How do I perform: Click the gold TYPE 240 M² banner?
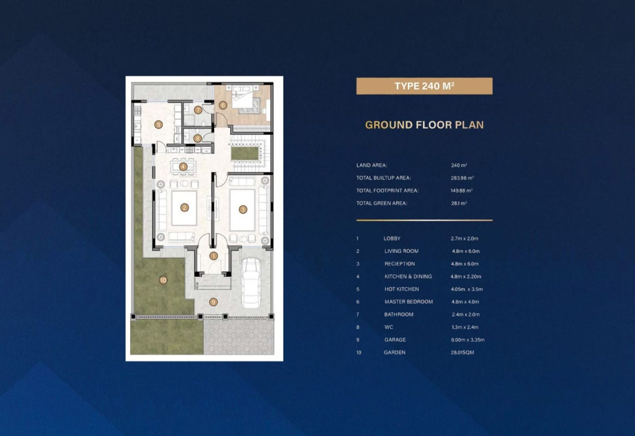424,86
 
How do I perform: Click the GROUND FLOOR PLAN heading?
424,125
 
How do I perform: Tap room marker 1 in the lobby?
213,256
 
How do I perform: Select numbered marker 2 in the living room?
184,207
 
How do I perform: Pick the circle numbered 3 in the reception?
242,209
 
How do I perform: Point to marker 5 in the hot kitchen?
158,124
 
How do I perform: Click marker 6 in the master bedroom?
223,106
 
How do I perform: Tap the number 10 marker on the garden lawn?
163,280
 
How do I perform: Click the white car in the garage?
251,283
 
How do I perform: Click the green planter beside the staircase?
244,153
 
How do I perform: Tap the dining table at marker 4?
184,166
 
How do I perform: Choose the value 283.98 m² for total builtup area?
462,178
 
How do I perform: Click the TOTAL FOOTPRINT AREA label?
388,190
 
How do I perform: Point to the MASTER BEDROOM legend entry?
409,302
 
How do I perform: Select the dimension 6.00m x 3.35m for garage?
468,340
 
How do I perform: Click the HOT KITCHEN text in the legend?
402,289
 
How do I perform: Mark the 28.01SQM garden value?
463,352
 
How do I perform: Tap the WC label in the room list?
389,327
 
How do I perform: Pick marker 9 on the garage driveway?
213,302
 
